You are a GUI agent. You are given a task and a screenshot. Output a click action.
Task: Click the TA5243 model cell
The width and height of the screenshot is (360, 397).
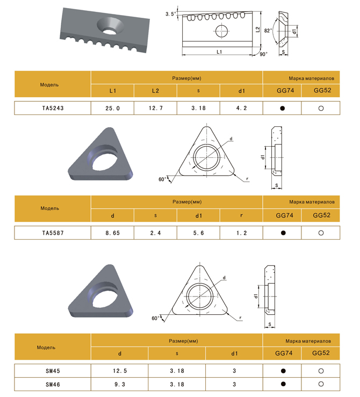[x=53, y=108]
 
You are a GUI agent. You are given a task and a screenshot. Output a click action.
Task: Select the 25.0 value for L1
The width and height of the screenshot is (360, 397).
[x=112, y=108]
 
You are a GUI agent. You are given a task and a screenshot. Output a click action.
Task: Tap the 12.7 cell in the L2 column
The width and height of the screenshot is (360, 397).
[x=155, y=108]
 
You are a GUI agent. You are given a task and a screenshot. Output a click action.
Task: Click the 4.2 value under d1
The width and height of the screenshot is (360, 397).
[x=241, y=108]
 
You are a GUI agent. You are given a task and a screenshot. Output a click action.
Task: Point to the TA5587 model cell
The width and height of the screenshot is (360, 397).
[x=53, y=233]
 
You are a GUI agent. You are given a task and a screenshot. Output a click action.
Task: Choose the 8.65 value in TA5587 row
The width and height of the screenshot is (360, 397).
[x=112, y=233]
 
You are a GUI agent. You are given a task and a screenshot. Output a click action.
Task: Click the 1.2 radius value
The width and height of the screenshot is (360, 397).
[x=241, y=233]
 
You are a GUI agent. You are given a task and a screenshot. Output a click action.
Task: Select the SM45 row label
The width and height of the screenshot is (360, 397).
[x=53, y=371]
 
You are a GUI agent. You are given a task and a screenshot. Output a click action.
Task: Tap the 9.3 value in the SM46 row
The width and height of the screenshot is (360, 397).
[x=119, y=384]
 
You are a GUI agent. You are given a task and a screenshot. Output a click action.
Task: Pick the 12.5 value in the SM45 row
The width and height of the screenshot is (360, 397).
[x=119, y=371]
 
